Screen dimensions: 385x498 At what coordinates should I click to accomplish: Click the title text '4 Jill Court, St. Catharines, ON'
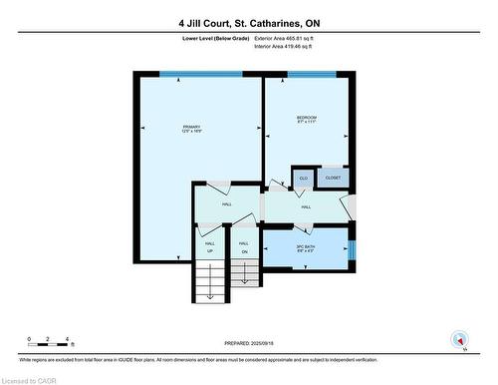tap(248, 23)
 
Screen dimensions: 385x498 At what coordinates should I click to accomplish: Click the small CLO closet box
tap(303, 179)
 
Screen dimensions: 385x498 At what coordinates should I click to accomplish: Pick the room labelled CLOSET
tap(333, 179)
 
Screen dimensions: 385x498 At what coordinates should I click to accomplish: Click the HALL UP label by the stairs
tap(210, 246)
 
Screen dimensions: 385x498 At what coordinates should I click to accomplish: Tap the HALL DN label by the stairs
tap(242, 246)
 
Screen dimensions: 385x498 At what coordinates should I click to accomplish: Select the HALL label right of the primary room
tap(226, 203)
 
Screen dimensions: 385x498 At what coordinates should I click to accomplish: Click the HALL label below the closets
tap(306, 206)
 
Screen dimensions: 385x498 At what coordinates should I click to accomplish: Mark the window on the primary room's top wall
tap(199, 74)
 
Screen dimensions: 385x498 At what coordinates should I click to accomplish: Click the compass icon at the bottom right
tap(459, 339)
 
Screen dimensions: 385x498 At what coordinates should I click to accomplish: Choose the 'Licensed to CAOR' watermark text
tap(34, 378)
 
